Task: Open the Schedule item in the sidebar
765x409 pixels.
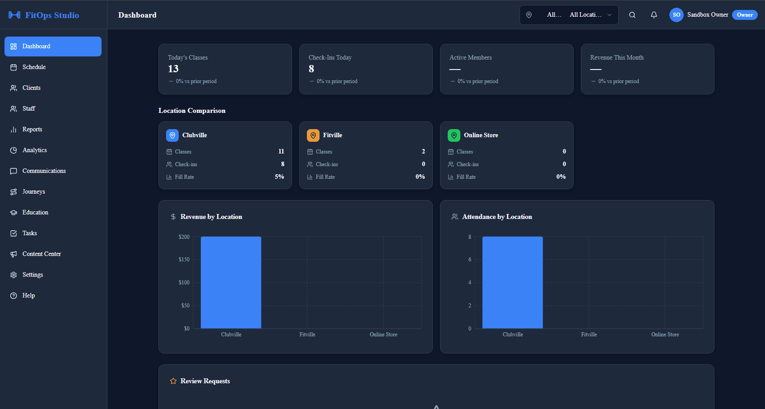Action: [34, 67]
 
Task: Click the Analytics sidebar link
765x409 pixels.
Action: [34, 150]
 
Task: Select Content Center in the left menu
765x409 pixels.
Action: [42, 254]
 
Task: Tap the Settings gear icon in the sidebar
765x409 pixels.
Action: [14, 275]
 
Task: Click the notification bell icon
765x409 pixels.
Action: [654, 15]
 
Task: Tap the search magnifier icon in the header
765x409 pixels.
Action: [632, 15]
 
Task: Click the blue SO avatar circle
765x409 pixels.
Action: [676, 15]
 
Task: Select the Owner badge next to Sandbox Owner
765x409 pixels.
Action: [745, 15]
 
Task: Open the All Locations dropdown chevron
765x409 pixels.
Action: [609, 15]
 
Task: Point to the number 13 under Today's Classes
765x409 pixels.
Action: [173, 69]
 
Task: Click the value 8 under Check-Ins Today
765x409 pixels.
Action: [311, 69]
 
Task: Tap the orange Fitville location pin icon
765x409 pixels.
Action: [313, 135]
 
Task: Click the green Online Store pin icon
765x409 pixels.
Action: [454, 135]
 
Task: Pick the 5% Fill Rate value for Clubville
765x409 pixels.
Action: [279, 177]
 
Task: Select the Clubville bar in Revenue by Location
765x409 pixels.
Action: [231, 282]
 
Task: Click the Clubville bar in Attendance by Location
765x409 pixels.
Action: [513, 282]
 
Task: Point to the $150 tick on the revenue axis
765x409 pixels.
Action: [184, 260]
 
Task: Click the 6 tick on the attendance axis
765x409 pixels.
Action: [470, 260]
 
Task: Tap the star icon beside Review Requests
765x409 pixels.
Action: [173, 381]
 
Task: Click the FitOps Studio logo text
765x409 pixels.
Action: [52, 15]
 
